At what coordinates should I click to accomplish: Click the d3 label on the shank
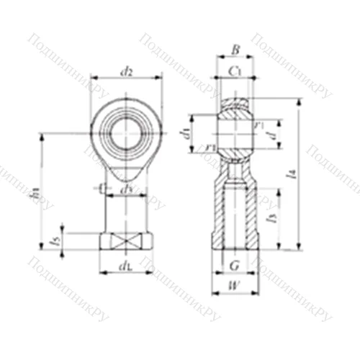click(127, 189)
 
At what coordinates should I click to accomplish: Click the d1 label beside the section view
click(185, 132)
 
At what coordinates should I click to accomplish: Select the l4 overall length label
click(310, 173)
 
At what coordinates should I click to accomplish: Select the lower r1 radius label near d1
click(210, 148)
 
